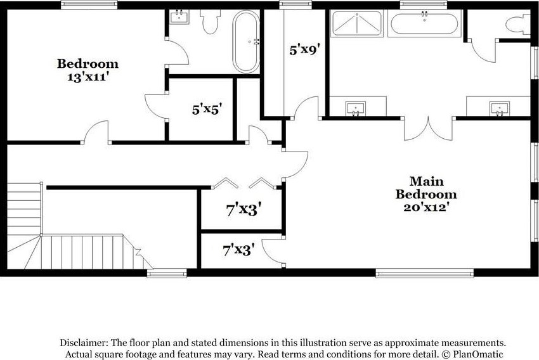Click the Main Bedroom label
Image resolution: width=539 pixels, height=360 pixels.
tap(426, 188)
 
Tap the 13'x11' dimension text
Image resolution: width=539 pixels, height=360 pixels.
tap(88, 77)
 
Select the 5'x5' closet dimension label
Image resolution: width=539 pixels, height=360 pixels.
tap(206, 110)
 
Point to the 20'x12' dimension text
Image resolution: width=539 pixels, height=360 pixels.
tap(427, 207)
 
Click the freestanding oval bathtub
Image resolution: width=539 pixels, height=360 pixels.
tap(246, 42)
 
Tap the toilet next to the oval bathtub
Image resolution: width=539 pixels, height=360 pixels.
tap(210, 22)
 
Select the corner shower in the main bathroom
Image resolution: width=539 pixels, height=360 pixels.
tap(357, 23)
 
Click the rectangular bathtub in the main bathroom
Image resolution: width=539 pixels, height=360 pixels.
tap(424, 23)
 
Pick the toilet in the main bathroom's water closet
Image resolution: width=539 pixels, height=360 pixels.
tap(518, 24)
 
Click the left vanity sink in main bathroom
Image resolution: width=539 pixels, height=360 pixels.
tap(356, 109)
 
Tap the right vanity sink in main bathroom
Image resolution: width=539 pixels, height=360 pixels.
tap(500, 109)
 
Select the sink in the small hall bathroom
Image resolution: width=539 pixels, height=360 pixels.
tap(179, 16)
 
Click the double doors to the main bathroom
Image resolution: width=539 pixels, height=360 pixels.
tap(428, 129)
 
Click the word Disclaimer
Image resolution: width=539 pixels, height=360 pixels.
tap(84, 342)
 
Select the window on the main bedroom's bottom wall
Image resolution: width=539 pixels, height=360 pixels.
tap(424, 273)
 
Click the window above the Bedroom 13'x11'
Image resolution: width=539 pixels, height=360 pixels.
tap(89, 5)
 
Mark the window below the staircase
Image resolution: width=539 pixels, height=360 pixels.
tap(167, 273)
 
